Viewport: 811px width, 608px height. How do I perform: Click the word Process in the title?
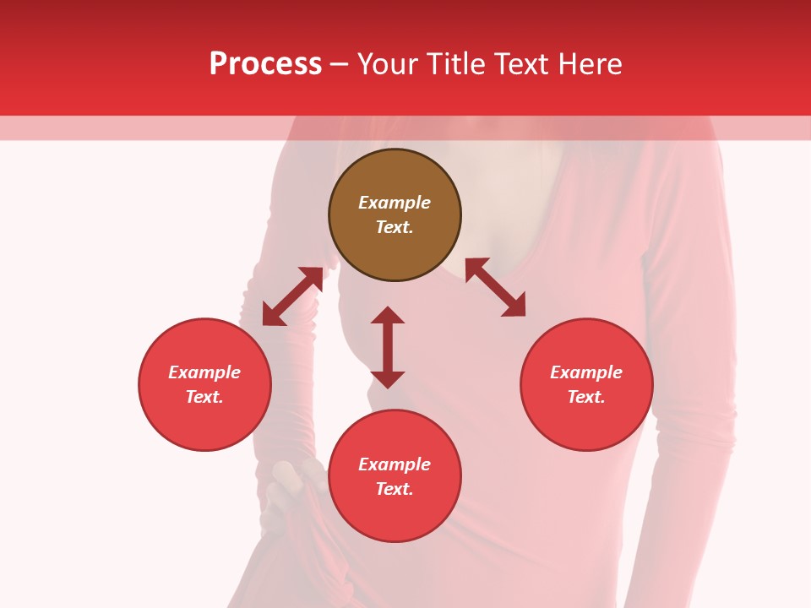tap(265, 64)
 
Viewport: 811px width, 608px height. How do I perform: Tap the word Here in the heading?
tap(591, 64)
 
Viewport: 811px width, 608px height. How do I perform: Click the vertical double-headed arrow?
tap(388, 347)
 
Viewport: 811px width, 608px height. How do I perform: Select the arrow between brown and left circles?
tap(292, 296)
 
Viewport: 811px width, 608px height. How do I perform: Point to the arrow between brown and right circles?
tap(496, 287)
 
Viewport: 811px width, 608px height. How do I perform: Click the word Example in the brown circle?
tap(395, 203)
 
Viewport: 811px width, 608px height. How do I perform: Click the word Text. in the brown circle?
tap(395, 227)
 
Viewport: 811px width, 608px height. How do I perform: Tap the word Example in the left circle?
tap(204, 372)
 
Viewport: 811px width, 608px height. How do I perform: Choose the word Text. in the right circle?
tap(586, 397)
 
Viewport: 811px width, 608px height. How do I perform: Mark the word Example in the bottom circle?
tap(395, 464)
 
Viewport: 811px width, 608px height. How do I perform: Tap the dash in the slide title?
tap(340, 64)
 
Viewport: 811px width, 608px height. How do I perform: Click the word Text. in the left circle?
tap(204, 397)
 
